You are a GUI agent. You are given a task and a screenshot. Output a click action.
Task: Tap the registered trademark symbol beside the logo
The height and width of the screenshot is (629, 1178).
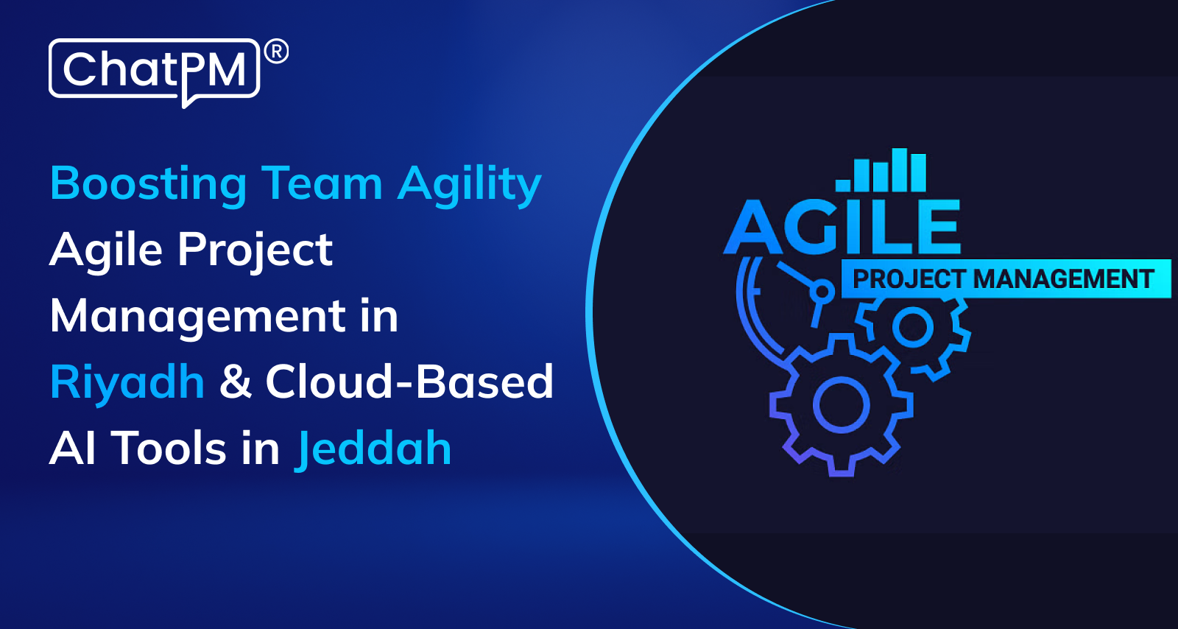(276, 52)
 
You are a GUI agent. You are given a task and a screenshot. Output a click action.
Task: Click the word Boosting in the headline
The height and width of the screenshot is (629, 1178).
(148, 185)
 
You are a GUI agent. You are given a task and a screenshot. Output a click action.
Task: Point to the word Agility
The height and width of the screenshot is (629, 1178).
(470, 185)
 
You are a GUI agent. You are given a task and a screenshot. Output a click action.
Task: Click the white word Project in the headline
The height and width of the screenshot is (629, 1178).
(255, 251)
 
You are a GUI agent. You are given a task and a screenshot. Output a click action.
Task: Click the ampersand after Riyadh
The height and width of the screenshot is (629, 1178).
(235, 382)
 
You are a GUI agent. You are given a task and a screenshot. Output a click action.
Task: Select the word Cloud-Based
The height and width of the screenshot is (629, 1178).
(409, 382)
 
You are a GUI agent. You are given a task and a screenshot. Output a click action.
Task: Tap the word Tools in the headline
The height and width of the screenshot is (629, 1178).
(169, 449)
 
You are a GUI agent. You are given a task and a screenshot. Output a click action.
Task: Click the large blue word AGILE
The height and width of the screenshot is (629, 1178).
(842, 227)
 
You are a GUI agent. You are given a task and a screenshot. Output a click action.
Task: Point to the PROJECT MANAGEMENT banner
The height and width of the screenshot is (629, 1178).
(1006, 278)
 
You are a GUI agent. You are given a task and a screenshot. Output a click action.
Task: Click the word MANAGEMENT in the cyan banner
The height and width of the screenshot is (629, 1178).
(1063, 278)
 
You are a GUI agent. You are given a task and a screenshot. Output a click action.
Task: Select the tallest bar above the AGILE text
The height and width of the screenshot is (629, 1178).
(900, 170)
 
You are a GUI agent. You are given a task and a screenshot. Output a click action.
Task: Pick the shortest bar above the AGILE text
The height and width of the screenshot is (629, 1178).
(843, 185)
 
